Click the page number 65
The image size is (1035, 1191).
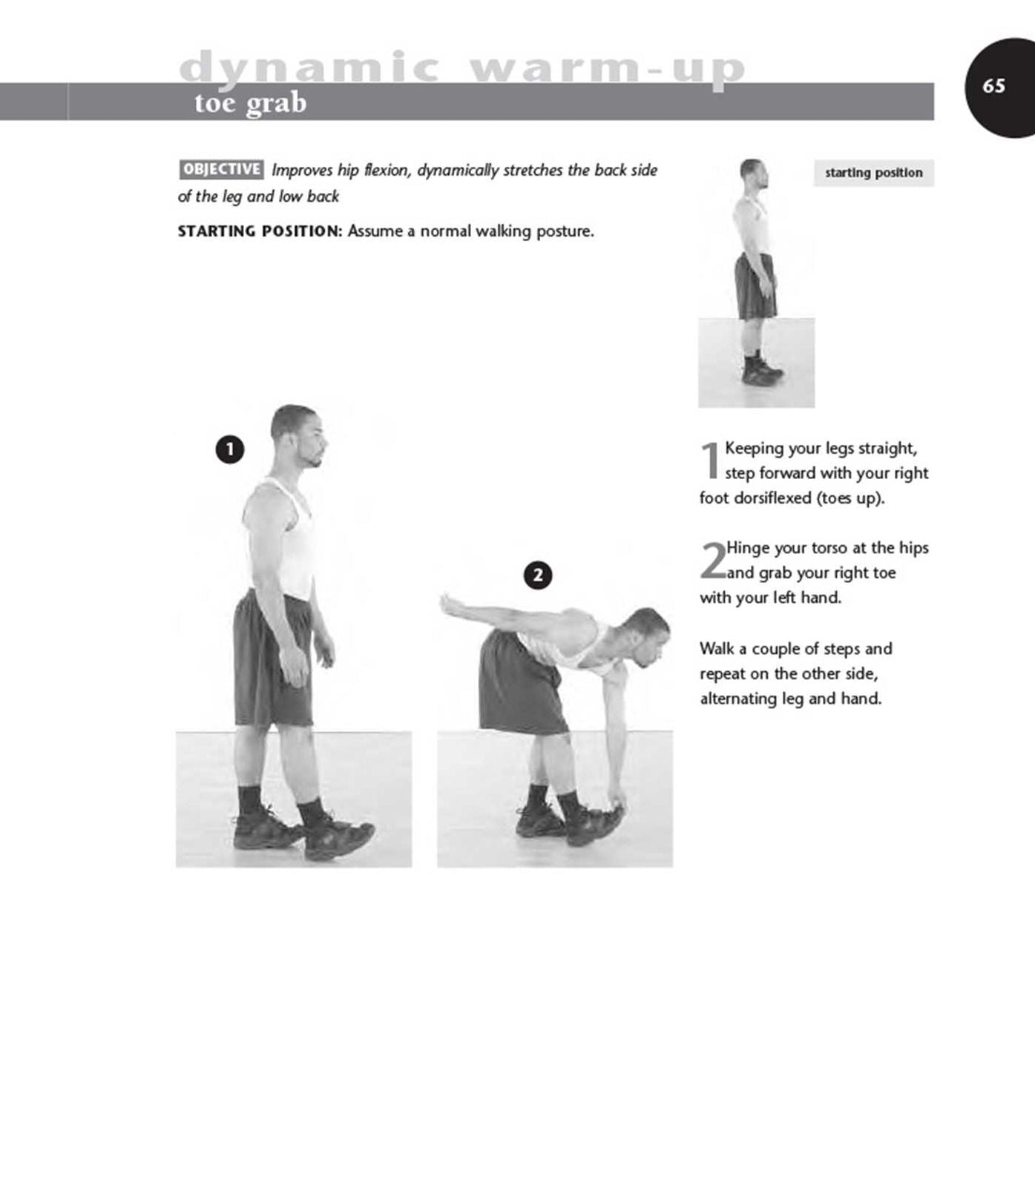point(993,86)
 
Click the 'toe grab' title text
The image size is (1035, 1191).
point(250,102)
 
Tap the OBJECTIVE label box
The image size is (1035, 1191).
point(221,169)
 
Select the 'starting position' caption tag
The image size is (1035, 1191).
point(874,173)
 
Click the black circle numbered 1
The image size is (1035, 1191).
point(230,449)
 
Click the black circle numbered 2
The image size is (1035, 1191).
point(538,575)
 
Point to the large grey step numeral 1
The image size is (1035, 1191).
point(710,461)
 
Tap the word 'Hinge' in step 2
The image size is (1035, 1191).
point(748,549)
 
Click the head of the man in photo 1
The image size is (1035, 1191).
point(298,436)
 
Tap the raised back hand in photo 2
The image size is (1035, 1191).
point(450,604)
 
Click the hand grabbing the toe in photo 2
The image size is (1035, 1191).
point(617,802)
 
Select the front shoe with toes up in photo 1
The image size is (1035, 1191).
point(338,837)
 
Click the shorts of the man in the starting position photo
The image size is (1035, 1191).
point(755,286)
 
